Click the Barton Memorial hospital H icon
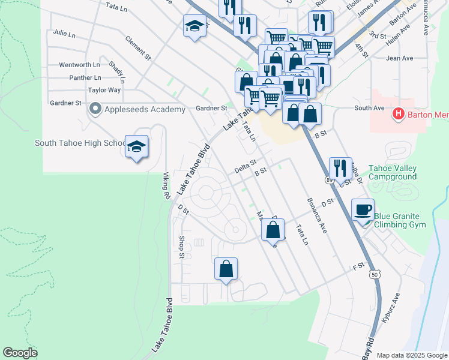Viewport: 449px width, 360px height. pos(397,113)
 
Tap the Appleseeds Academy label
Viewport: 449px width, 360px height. pos(145,109)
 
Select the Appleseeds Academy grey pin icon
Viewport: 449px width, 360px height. pos(94,109)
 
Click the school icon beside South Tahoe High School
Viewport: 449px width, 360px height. pos(136,146)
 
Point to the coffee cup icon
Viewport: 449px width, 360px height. pos(362,210)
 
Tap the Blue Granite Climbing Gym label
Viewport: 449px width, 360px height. pos(399,220)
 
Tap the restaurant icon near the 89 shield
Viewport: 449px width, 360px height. pos(340,168)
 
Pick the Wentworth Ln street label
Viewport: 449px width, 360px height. pos(79,65)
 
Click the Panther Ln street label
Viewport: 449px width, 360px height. pos(85,78)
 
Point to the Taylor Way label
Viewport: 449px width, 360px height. pos(104,90)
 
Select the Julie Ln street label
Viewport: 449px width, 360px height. pos(64,34)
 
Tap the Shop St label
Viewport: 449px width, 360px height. pos(182,248)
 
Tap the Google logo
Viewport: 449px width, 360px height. pos(20,353)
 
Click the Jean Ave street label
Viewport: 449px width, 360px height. pos(400,58)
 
